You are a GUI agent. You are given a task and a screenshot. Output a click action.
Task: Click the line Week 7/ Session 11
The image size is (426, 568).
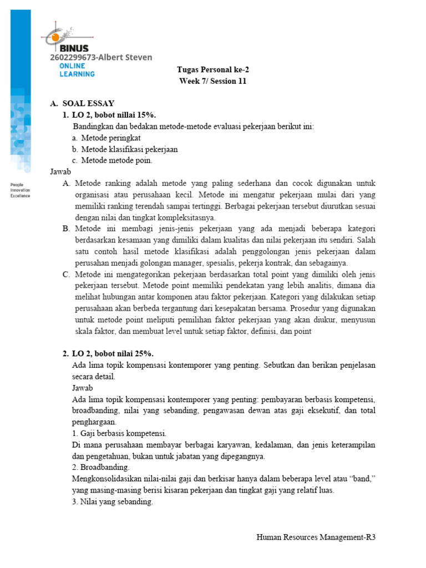point(212,81)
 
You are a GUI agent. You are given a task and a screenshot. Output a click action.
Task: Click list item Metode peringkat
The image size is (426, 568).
point(110,138)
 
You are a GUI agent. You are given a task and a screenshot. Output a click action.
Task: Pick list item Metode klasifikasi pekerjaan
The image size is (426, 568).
point(129,149)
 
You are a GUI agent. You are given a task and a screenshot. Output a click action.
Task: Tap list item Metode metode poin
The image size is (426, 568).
point(116,160)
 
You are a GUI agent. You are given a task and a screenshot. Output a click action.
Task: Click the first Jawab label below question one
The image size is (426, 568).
point(60,172)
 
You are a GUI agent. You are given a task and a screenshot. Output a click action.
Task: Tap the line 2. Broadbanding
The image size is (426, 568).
point(100,468)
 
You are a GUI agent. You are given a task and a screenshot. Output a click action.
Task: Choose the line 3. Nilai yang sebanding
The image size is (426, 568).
point(112,503)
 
